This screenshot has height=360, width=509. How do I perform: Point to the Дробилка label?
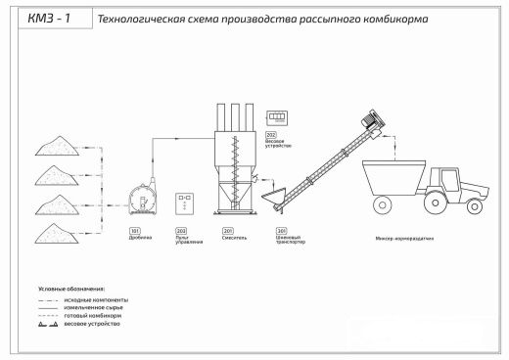pos(138,236)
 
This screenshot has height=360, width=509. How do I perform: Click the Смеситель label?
pos(234,236)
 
